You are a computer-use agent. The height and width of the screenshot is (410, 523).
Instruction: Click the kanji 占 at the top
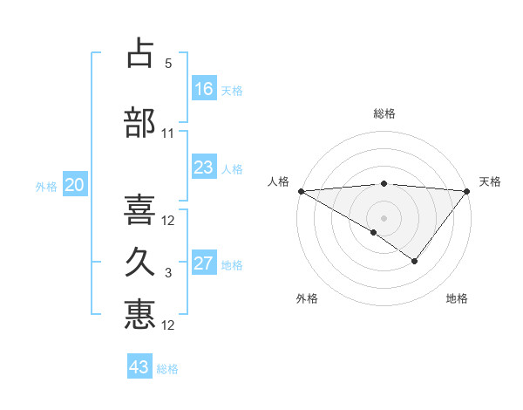(140, 54)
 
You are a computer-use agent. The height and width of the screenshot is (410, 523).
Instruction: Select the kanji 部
(140, 123)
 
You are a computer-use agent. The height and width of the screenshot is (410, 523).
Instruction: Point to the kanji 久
(140, 263)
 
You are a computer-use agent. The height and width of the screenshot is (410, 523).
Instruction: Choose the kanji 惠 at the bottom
(140, 315)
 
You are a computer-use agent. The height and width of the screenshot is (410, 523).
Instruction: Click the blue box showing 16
(204, 89)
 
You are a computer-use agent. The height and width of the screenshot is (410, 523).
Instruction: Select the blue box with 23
(204, 167)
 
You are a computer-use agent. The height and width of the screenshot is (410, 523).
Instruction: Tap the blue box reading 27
(204, 263)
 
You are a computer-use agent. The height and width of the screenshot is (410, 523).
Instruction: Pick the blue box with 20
(75, 185)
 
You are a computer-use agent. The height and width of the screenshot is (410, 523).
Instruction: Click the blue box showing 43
(139, 367)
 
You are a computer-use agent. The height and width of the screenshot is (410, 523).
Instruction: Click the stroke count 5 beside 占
(168, 64)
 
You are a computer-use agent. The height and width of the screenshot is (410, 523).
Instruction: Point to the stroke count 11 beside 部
(168, 133)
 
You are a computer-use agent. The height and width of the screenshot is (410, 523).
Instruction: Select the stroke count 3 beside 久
(168, 273)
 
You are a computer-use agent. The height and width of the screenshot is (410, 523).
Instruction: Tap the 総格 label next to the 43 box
(167, 369)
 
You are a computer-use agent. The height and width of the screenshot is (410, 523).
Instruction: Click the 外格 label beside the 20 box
(46, 186)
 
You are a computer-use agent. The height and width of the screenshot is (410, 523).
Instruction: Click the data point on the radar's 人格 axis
(300, 191)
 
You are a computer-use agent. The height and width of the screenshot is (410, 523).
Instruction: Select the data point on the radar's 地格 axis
(415, 261)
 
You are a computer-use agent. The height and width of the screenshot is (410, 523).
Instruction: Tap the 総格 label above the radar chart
(384, 113)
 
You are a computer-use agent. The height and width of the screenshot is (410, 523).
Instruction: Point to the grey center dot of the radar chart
(384, 217)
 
